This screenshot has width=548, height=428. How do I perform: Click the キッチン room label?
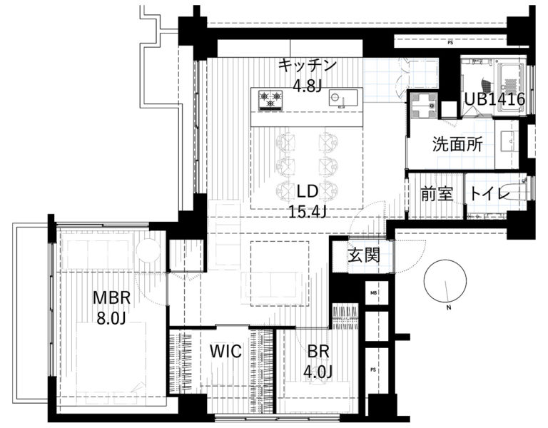[308, 66]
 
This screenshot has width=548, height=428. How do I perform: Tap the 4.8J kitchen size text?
[308, 86]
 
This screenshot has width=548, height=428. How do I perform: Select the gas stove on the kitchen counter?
[270, 101]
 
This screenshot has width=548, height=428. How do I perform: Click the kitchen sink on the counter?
[342, 98]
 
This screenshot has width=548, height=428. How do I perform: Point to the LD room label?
[308, 191]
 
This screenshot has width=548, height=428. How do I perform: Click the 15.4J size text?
[308, 211]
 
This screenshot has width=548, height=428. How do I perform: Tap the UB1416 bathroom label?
[494, 100]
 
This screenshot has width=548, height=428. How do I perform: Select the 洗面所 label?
[457, 144]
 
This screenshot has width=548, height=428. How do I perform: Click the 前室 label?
[437, 194]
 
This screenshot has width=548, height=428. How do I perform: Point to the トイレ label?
[489, 193]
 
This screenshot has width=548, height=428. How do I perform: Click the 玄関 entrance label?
[363, 256]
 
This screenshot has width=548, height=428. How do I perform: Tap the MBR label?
[112, 298]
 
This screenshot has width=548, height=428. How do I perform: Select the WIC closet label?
[225, 351]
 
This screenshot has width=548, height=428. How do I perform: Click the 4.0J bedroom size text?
[318, 372]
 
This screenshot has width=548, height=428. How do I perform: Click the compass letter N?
[449, 308]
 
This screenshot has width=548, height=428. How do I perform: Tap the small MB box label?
[373, 292]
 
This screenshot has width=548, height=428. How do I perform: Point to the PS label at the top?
[450, 43]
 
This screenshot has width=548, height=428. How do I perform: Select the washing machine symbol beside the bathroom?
[424, 106]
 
